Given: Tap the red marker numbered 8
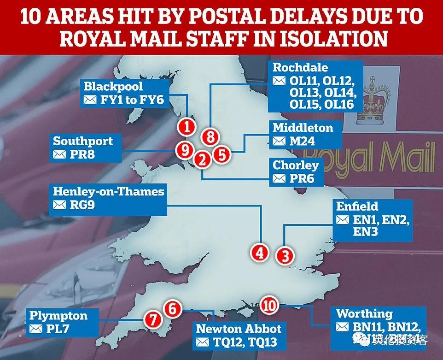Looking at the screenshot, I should point(210,137).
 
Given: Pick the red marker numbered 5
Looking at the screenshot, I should point(222,154).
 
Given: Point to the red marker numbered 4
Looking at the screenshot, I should point(260,252).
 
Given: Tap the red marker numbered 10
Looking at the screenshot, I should point(270,305).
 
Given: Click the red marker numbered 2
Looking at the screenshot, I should point(202,160).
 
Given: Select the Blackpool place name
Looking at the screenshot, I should point(113,87).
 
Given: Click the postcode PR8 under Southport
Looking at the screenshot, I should point(83,154).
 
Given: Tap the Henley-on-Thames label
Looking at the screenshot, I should point(109,191).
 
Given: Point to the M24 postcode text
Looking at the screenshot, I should point(302,141).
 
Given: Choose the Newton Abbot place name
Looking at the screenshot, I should point(239,329).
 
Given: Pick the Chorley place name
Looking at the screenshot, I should point(296,165).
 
